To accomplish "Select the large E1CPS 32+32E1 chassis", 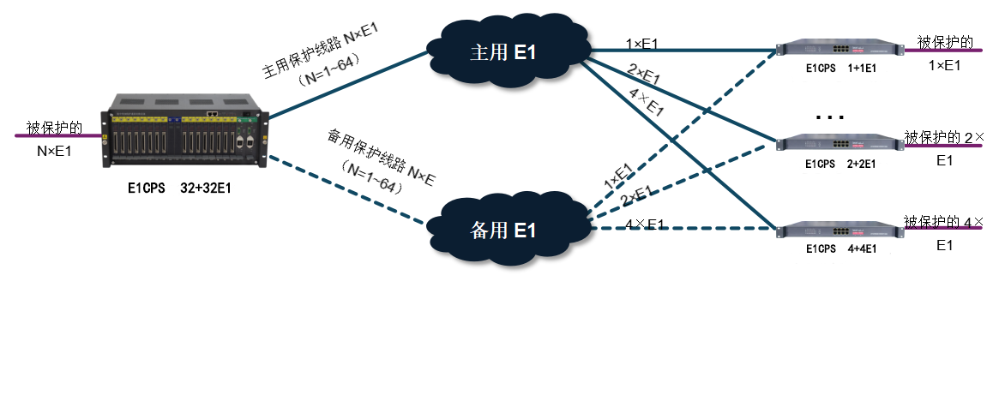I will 184,135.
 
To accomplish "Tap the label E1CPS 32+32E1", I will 174,186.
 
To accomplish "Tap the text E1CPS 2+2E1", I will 841,164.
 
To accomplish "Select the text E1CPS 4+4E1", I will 841,249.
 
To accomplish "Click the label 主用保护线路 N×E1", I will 321,51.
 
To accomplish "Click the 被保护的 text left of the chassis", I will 53,129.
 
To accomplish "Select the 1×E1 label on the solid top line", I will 641,43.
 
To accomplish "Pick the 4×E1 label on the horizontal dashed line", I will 645,224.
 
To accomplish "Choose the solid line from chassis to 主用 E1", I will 343,86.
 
